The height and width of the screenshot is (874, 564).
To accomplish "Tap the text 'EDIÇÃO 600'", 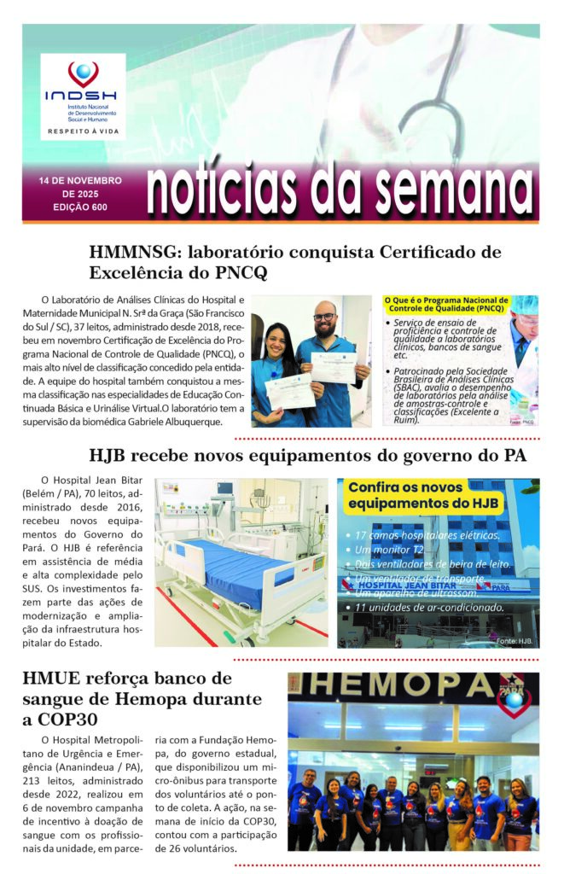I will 79,207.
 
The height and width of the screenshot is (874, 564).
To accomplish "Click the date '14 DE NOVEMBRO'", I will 80,181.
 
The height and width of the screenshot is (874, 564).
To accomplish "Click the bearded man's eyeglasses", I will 324,317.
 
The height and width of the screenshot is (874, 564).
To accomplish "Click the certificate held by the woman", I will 288,391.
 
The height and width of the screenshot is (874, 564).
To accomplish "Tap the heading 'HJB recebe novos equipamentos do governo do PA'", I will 307,455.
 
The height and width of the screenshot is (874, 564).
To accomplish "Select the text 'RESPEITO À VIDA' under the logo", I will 83,132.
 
